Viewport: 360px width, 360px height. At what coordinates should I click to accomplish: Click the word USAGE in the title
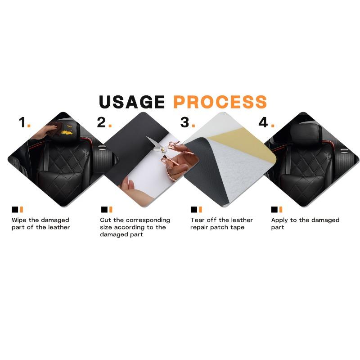click(x=131, y=102)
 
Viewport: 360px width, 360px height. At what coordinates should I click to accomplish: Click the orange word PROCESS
click(x=220, y=102)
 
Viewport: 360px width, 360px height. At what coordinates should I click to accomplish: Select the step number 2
click(x=101, y=122)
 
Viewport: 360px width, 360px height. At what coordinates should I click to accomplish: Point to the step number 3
click(x=185, y=122)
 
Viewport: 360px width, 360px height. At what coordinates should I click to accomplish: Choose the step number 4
click(x=263, y=122)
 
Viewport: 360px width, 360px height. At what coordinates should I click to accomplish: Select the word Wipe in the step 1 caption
click(x=18, y=220)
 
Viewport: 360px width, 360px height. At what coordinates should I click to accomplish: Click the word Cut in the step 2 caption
click(x=105, y=220)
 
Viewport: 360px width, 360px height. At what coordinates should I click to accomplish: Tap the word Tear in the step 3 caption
click(x=197, y=220)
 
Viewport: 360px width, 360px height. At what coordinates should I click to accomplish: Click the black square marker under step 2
click(x=104, y=209)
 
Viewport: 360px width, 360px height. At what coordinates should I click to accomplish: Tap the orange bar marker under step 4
click(x=280, y=209)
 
